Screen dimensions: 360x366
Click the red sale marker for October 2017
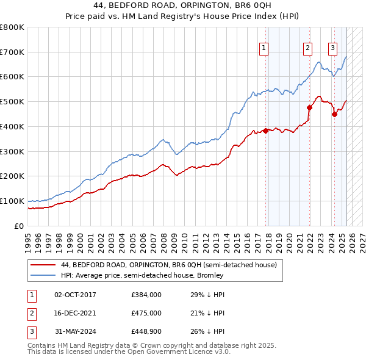(266, 130)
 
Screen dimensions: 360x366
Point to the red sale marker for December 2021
(309, 107)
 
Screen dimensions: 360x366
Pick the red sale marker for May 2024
(334, 114)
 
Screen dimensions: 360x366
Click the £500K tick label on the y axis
(13, 102)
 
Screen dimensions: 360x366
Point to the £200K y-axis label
(13, 176)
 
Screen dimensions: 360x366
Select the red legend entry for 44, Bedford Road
(169, 265)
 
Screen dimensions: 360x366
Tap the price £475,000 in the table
(146, 313)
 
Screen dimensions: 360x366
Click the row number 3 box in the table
(31, 331)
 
